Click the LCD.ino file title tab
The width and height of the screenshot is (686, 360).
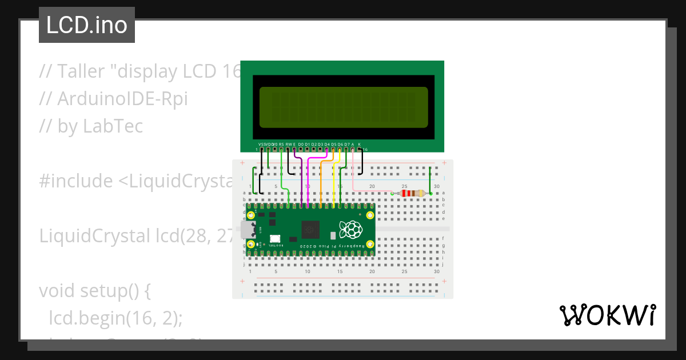click(87, 25)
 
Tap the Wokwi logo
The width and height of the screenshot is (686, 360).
click(607, 315)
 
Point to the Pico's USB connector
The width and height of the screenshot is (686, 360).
click(248, 230)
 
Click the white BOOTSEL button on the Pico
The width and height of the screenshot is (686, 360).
click(275, 239)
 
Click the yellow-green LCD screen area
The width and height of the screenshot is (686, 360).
click(343, 107)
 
